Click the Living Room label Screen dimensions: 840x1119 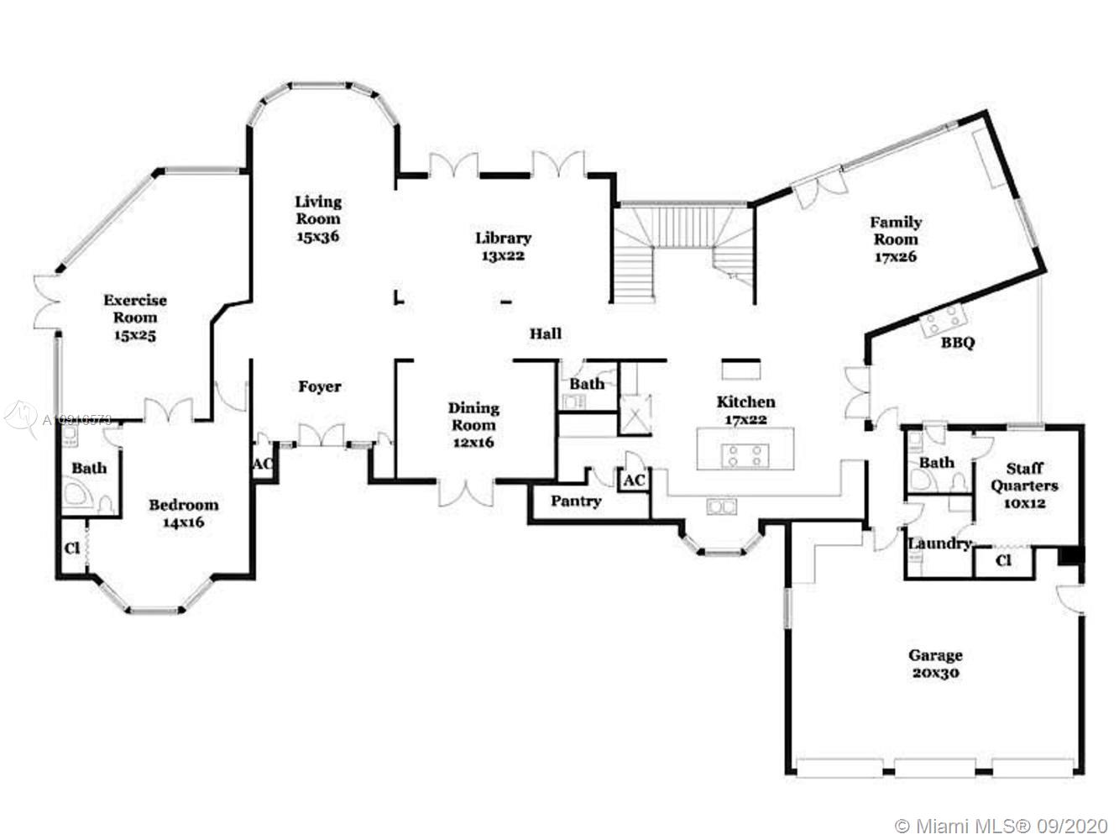pos(318,218)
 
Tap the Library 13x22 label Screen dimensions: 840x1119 pos(503,246)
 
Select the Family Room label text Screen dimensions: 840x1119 pos(895,239)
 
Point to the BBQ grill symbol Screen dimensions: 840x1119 pos(944,320)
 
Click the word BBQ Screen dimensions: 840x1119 pos(957,343)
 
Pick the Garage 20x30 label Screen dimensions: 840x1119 pos(935,664)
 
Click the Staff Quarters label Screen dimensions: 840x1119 pos(1024,485)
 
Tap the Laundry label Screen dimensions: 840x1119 pos(939,543)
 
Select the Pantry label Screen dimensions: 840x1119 pos(576,501)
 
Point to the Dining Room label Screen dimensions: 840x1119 pos(473,424)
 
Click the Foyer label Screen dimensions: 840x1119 pos(320,386)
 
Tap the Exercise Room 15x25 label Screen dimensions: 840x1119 pos(135,317)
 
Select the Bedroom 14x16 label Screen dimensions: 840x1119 pos(184,512)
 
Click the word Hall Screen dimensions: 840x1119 pos(545,333)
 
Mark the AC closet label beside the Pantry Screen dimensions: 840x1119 pos(634,480)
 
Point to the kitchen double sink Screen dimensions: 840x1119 pos(722,506)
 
